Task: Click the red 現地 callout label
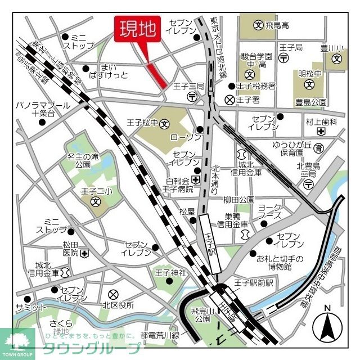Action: click(x=138, y=30)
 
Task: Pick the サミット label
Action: click(x=31, y=308)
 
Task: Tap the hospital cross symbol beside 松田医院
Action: click(x=84, y=254)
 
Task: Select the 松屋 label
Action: click(x=187, y=211)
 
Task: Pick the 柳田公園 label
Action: click(x=238, y=200)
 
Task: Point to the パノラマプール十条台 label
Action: click(x=43, y=109)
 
